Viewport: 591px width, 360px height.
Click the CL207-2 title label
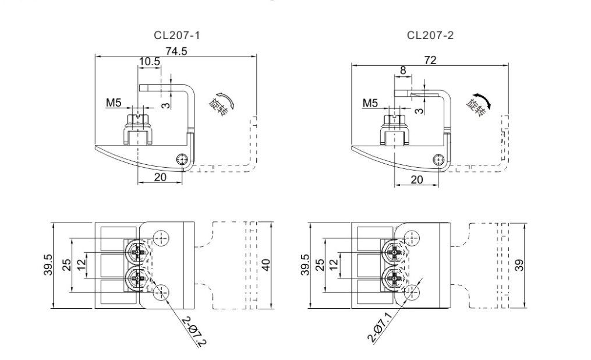[431, 35]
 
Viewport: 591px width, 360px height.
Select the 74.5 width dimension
[176, 51]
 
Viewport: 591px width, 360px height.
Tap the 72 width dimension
[430, 60]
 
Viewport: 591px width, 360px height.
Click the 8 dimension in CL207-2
[403, 70]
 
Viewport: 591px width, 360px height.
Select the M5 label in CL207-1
[114, 104]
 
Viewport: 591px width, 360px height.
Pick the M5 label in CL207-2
[370, 104]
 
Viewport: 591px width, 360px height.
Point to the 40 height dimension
[266, 265]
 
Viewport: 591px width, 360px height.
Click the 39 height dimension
[519, 265]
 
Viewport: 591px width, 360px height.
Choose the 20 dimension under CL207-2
[416, 179]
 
